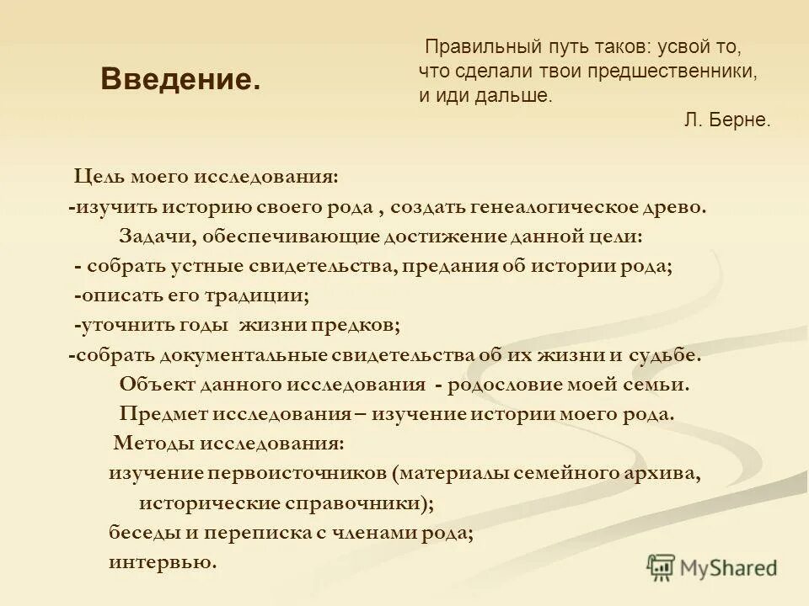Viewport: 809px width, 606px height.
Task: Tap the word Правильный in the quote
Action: coord(468,47)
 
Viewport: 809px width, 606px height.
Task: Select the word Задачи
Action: coord(152,236)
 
